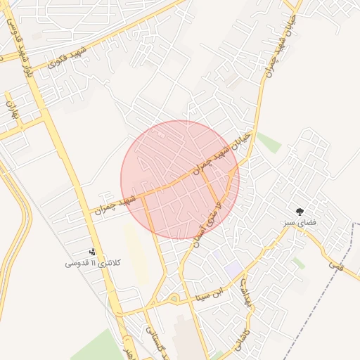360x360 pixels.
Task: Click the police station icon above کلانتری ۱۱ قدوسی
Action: [x=92, y=252]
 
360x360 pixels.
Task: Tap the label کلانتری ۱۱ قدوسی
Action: [x=94, y=263]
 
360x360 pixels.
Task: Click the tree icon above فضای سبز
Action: [x=300, y=210]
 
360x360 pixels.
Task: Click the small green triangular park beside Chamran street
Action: [x=269, y=142]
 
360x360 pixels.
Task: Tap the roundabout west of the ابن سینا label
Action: [x=174, y=300]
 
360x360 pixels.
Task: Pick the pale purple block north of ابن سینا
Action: [x=232, y=269]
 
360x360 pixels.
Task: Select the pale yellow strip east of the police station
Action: [x=136, y=253]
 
